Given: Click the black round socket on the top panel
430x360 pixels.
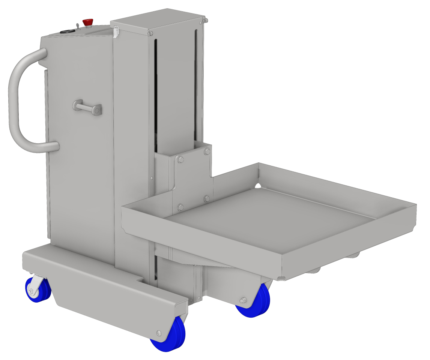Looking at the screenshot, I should point(67,32).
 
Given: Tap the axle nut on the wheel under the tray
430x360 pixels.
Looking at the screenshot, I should point(242,300).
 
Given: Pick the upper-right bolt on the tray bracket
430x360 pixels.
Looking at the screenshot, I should point(207,152).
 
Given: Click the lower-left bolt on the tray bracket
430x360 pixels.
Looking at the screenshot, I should point(180,207).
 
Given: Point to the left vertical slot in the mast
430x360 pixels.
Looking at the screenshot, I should point(156,90).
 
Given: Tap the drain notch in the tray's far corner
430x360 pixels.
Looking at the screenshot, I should point(258,185).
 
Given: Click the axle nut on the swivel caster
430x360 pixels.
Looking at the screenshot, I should point(32,291).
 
